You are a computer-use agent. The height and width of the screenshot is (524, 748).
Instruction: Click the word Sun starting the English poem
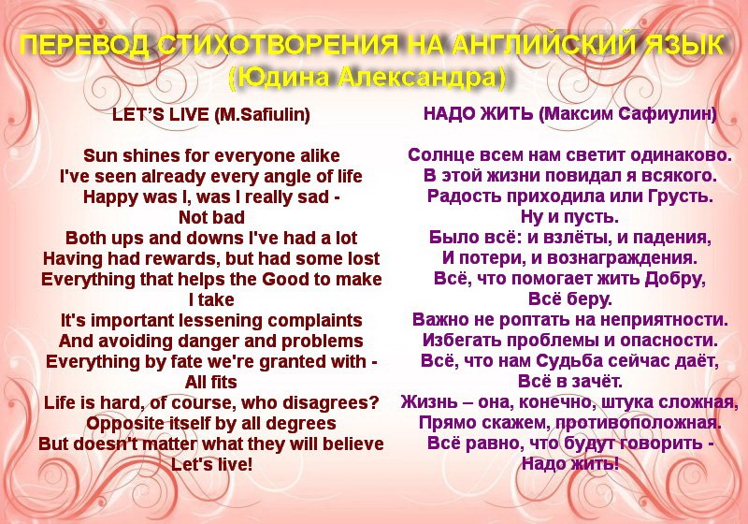pos(99,155)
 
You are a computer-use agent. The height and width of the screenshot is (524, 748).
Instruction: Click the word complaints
pos(315,321)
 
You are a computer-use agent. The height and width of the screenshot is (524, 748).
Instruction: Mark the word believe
pos(353,444)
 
